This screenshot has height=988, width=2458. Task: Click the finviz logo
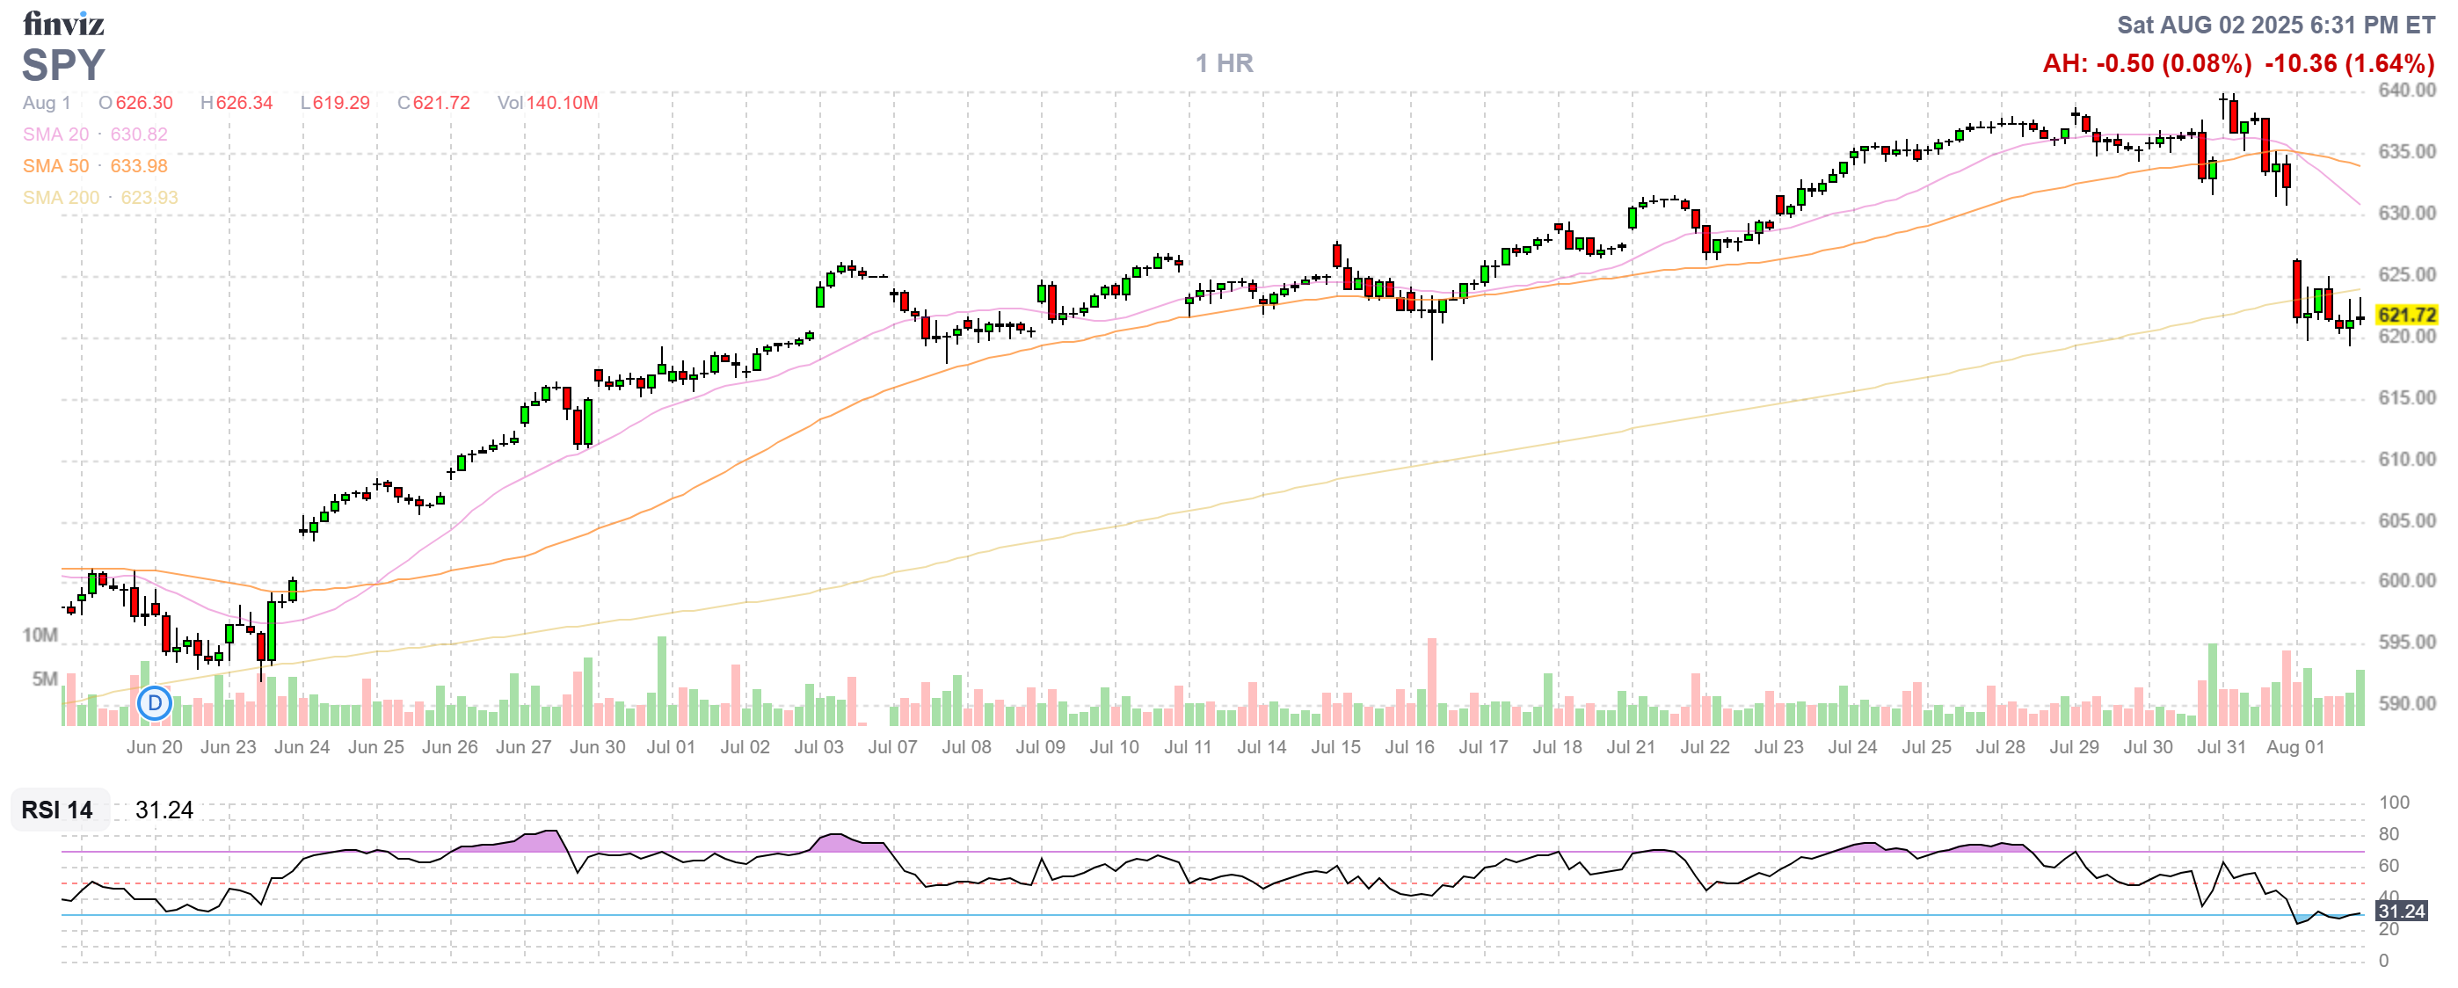[x=63, y=23]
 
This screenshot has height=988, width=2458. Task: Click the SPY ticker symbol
[x=63, y=65]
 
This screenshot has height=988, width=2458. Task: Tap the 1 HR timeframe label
[x=1225, y=64]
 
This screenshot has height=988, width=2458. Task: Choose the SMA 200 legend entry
[x=100, y=198]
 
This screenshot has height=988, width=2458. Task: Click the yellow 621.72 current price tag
[x=2405, y=315]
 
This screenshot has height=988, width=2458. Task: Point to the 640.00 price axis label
[x=2405, y=91]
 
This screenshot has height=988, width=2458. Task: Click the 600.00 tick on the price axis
[x=2405, y=581]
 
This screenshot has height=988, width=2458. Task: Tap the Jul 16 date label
[x=1409, y=748]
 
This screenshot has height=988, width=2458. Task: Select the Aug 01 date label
[x=2294, y=748]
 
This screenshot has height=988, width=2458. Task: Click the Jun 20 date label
[x=154, y=748]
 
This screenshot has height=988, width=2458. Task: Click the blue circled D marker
[x=154, y=704]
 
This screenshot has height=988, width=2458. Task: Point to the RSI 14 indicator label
[x=57, y=810]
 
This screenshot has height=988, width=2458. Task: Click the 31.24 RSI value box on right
[x=2401, y=912]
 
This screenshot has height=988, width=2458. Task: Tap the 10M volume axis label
[x=40, y=636]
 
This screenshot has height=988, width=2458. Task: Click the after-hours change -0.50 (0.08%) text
[x=2146, y=64]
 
